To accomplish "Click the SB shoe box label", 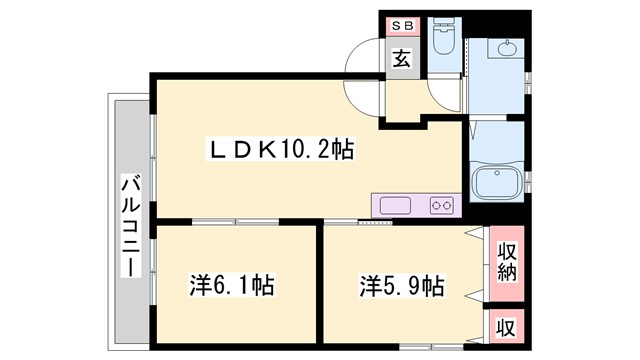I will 401,25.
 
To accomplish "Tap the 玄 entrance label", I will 401,58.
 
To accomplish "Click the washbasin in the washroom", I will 507,50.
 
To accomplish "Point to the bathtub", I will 496,183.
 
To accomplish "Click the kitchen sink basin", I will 395,205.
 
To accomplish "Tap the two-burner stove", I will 442,205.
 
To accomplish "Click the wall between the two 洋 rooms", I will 320,285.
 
